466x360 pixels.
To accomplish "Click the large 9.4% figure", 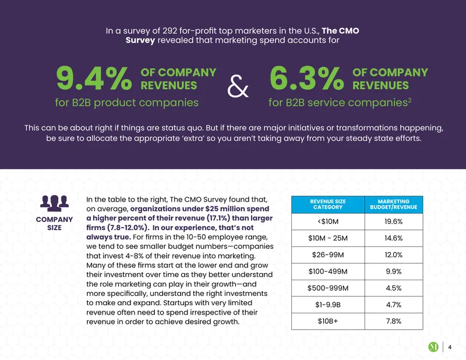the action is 94,78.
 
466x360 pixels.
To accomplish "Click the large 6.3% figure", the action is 307,78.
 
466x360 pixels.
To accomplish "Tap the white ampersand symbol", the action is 238,86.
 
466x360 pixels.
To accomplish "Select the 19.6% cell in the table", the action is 394,221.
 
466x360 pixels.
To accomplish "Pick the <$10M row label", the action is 328,221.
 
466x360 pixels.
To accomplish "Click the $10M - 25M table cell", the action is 328,238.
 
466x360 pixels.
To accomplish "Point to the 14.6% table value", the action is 394,238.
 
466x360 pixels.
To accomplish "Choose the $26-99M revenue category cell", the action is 328,255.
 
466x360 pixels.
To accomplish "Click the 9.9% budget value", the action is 394,271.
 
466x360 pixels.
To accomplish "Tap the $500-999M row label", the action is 328,288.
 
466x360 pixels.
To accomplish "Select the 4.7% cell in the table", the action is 394,305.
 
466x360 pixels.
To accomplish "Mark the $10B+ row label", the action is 328,321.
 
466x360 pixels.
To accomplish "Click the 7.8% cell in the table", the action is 394,321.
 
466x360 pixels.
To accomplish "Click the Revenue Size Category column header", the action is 328,204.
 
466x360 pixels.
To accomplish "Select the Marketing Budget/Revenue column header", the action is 394,204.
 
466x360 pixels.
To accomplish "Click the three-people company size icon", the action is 54,203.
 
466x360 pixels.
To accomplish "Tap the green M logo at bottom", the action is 433,347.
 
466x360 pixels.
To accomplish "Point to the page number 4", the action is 450,347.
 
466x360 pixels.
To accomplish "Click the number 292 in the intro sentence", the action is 170,31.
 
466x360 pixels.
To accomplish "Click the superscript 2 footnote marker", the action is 409,100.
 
